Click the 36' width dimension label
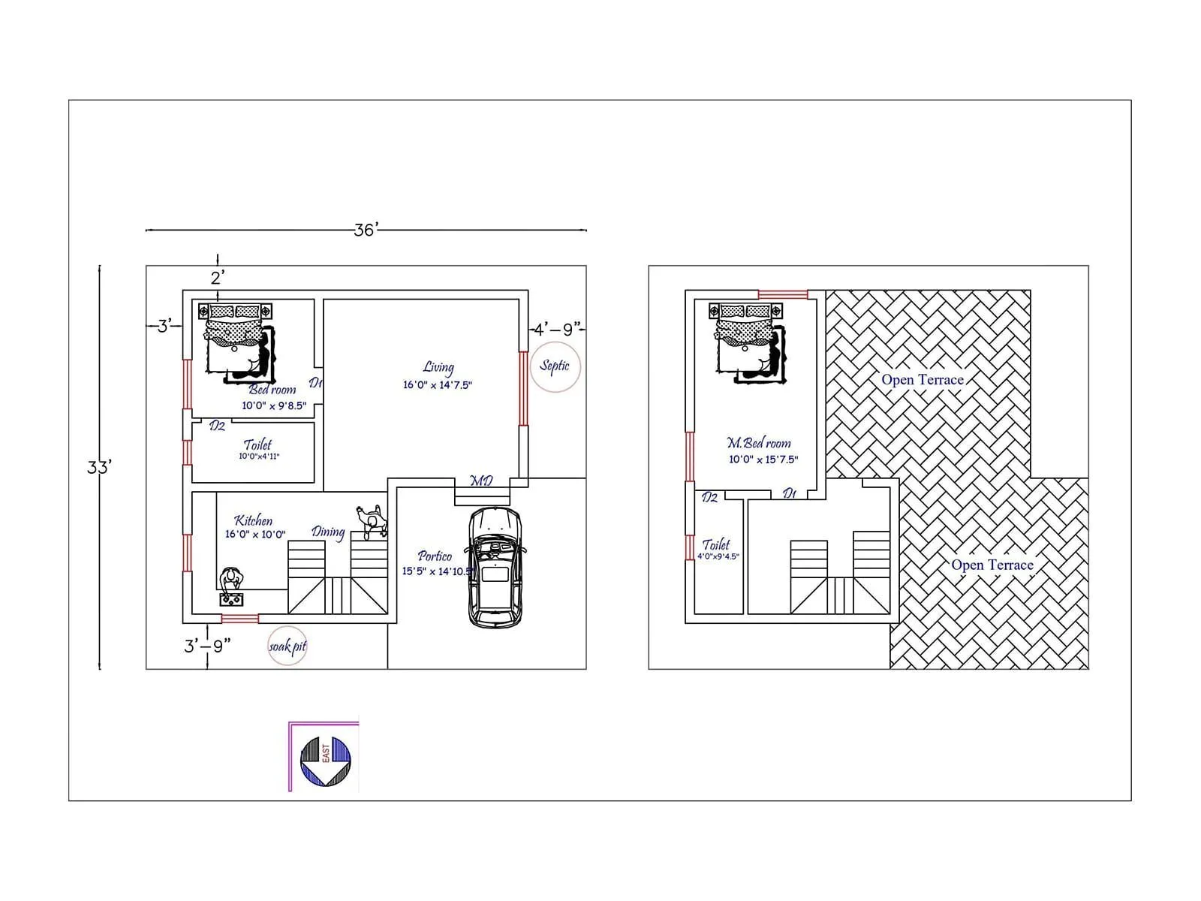tap(366, 230)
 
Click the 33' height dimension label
tap(98, 467)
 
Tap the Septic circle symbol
tap(555, 366)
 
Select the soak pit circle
tap(287, 646)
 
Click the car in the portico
tap(495, 567)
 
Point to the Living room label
tap(438, 375)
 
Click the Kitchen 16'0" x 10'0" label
tap(254, 527)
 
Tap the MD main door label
tap(481, 481)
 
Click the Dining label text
tap(328, 532)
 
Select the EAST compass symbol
tap(326, 761)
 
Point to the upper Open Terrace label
tap(923, 380)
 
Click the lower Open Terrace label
tap(992, 565)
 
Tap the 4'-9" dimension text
tap(557, 329)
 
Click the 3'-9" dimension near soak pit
tap(206, 646)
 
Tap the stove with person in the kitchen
tap(232, 587)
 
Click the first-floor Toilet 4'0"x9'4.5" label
tap(717, 549)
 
